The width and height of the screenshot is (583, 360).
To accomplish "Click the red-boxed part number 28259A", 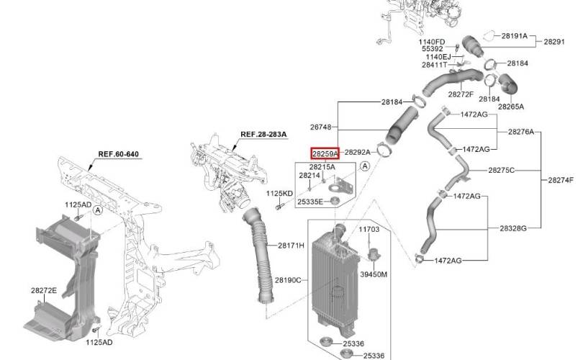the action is pos(325,153).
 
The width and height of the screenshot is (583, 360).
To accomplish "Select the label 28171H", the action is pos(291,245).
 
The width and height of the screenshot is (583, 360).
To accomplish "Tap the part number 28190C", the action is pos(288,280).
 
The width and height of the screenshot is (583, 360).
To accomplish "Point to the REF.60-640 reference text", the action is pos(118,154).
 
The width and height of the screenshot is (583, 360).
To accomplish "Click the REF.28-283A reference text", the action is pos(263,134).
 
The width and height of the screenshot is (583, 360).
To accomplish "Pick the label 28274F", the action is pos(561,181).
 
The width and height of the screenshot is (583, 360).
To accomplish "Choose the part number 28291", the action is pos(554,42).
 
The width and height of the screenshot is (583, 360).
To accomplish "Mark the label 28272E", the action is pos(44,290).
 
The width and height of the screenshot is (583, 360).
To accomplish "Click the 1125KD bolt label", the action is pos(279,194).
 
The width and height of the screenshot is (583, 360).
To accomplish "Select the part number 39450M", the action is pos(374,274).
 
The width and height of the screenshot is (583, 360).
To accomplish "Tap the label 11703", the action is pos(369,229).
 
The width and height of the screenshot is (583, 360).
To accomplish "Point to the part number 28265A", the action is pos(511,107).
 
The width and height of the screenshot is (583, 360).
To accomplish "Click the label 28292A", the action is pos(357,152).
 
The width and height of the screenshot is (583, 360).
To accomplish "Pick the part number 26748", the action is pos(320,127).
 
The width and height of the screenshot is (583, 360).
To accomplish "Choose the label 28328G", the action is pos(513,228).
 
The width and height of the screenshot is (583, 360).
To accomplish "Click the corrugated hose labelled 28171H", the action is pos(260,256).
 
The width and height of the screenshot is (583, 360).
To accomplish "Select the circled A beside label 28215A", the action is pos(365,166).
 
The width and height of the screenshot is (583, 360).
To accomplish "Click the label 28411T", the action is pos(434,65).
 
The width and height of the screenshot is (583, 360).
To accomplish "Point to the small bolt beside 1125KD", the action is pos(279,206).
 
